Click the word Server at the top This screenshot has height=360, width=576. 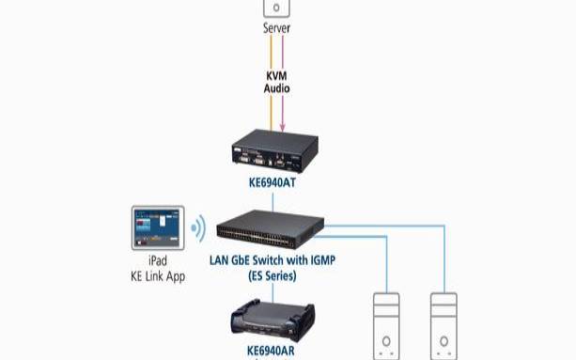click(275, 28)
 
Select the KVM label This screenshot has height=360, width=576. click(275, 75)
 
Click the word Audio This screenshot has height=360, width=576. click(275, 89)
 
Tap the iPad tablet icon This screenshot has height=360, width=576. click(160, 228)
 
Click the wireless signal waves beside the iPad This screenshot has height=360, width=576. click(198, 228)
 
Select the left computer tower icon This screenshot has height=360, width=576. click(387, 324)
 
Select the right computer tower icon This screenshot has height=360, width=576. click(444, 324)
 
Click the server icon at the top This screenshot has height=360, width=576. click(275, 8)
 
